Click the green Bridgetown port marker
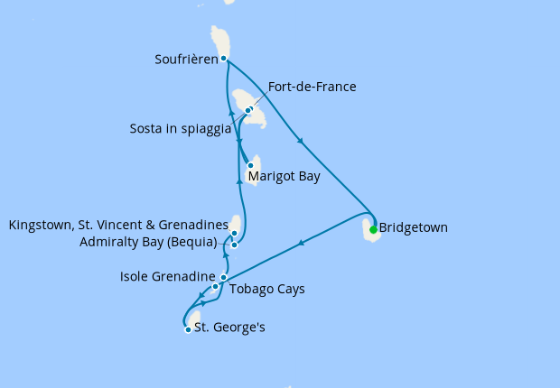[x=373, y=229]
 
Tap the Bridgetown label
[x=414, y=228]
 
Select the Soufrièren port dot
[x=223, y=59]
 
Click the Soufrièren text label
[x=186, y=60]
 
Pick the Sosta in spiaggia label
[x=181, y=129]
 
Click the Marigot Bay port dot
[x=250, y=165]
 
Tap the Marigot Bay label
[x=284, y=177]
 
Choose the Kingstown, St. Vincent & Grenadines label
[x=117, y=225]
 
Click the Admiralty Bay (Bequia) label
[x=148, y=242]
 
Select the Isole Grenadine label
[x=167, y=277]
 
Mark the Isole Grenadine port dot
[x=224, y=278]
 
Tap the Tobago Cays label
[x=267, y=290]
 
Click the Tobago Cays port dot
[x=215, y=287]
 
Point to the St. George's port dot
[x=188, y=329]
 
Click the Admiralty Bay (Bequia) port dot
[x=234, y=245]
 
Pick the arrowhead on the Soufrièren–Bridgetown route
[x=300, y=140]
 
